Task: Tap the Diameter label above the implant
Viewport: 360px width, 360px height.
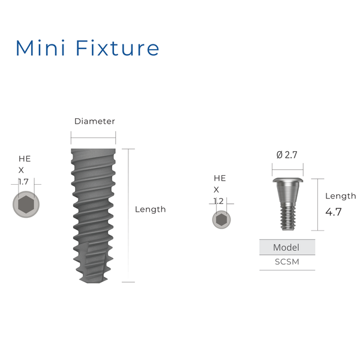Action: tap(94, 121)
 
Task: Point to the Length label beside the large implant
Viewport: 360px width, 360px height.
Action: tap(150, 209)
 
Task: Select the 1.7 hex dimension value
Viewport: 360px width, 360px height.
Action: tap(23, 181)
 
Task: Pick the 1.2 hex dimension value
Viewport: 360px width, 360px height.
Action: tap(220, 201)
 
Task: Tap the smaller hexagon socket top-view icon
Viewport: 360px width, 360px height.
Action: tap(221, 220)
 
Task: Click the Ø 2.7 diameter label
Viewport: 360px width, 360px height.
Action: tap(287, 155)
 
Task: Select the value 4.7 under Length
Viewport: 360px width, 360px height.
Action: tap(334, 212)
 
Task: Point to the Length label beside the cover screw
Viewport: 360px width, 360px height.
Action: tap(340, 196)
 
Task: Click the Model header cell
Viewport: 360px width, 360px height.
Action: tap(286, 247)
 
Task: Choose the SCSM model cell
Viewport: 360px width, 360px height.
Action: tap(287, 262)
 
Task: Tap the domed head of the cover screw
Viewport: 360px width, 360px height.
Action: tap(287, 181)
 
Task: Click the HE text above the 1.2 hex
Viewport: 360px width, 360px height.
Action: tap(220, 178)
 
